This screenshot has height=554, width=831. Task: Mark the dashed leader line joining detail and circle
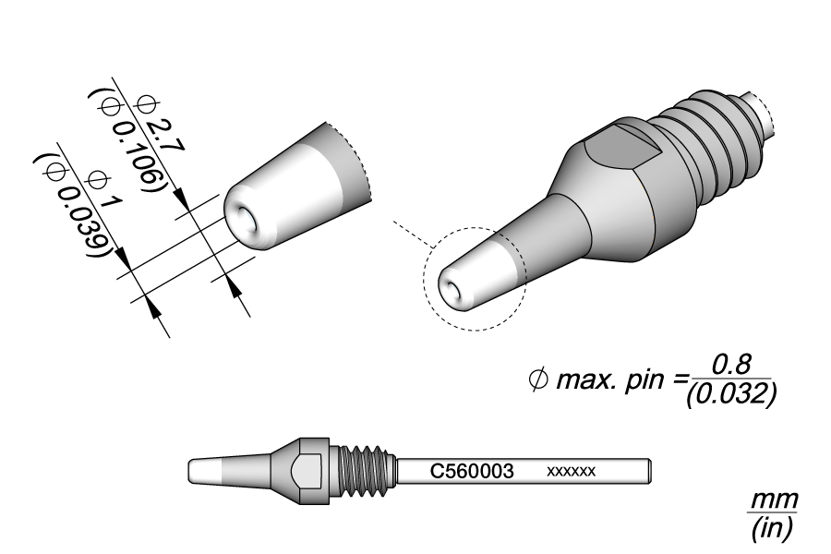[x=410, y=236]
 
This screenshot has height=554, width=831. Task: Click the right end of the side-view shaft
[x=652, y=471]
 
